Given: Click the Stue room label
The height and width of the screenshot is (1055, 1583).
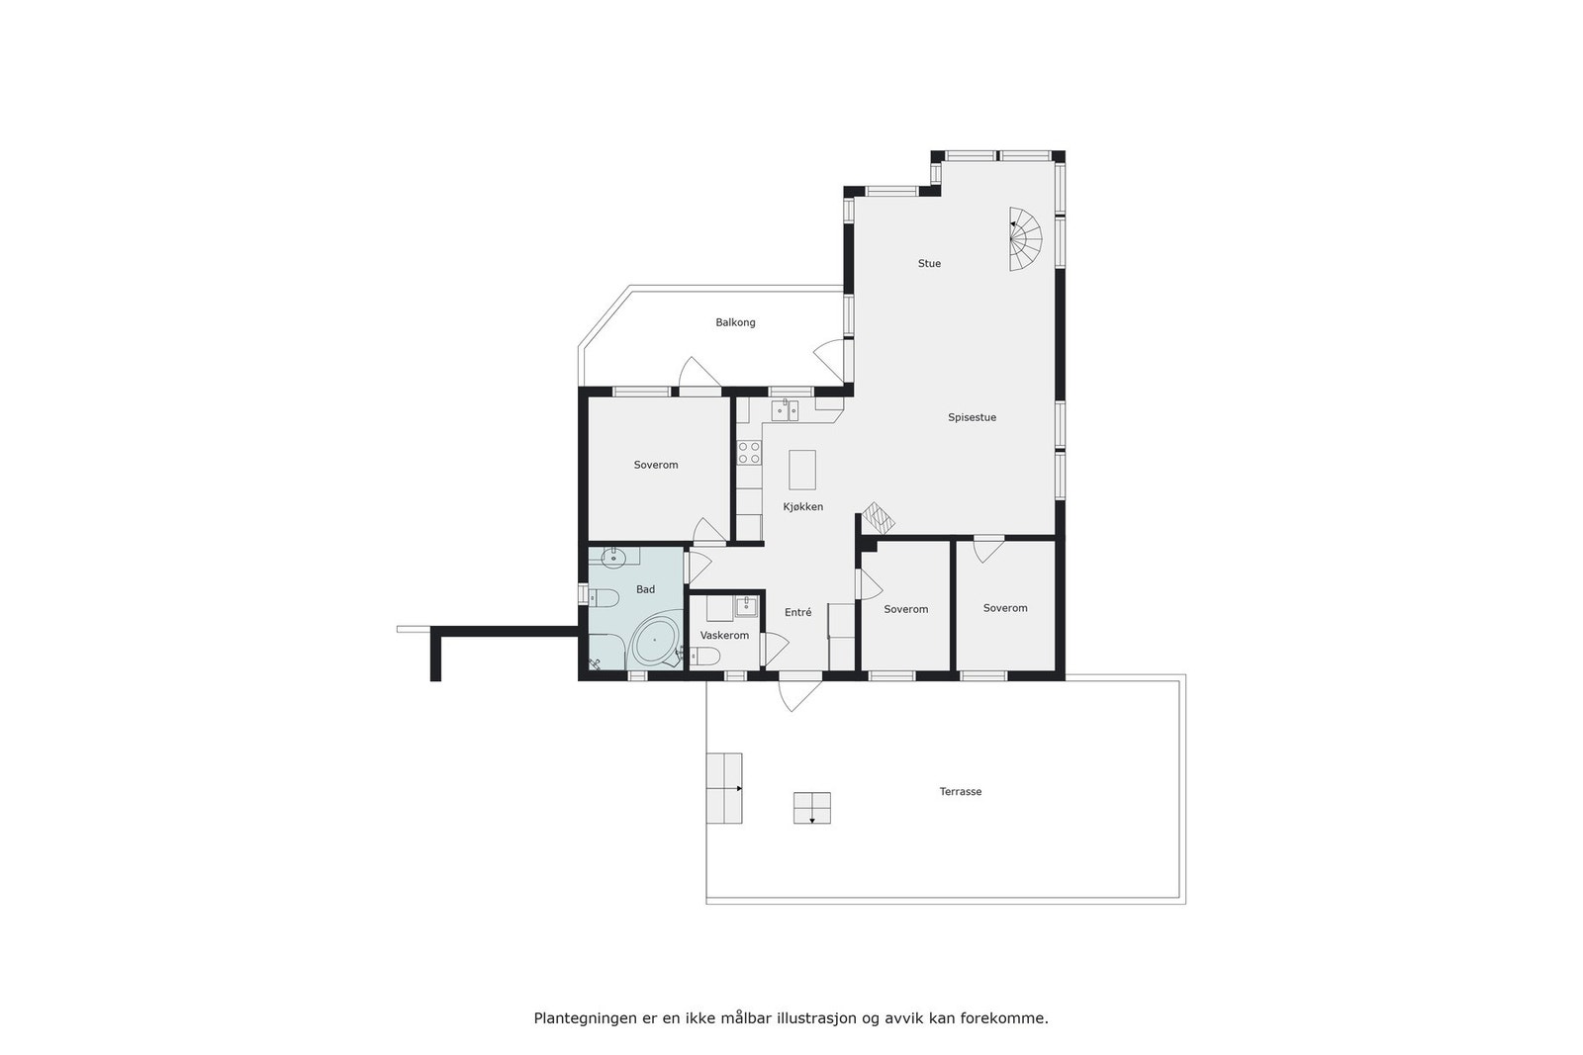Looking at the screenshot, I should coord(929,264).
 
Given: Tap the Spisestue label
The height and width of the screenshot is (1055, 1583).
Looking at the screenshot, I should coord(972,418).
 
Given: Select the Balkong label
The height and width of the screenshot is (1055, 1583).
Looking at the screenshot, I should coord(735,323).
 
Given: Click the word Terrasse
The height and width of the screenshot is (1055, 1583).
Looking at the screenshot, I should coord(960,792).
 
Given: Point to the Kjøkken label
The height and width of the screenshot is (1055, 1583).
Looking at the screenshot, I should coord(802,507).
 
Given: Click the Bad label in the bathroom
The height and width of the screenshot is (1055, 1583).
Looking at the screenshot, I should coord(645,590).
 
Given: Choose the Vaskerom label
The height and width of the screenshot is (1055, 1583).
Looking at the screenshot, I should coord(724,636).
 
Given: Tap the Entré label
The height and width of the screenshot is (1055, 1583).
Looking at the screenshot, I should coord(797,613).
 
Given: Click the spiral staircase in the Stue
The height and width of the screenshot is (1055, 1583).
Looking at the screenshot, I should coord(1025,238).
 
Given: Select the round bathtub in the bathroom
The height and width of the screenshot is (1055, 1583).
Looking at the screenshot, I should coord(654,642).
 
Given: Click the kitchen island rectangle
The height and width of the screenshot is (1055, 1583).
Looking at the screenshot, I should coord(802,470).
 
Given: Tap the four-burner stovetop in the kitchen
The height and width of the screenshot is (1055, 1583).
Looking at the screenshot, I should coord(749,453).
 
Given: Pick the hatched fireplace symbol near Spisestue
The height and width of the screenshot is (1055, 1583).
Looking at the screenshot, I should coord(877,516).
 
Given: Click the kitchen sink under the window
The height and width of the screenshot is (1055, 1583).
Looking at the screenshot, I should coord(786,410).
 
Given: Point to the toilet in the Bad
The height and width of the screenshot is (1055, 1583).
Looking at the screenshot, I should coord(602,596).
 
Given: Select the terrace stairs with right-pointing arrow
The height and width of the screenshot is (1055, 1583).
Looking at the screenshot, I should coord(723,788).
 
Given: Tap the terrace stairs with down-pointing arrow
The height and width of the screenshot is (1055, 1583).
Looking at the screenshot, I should coord(811,808).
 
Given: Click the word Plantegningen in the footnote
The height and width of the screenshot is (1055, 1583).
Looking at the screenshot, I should coord(578,1017).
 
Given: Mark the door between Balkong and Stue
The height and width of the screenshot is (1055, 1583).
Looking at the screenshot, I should coord(832,360).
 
